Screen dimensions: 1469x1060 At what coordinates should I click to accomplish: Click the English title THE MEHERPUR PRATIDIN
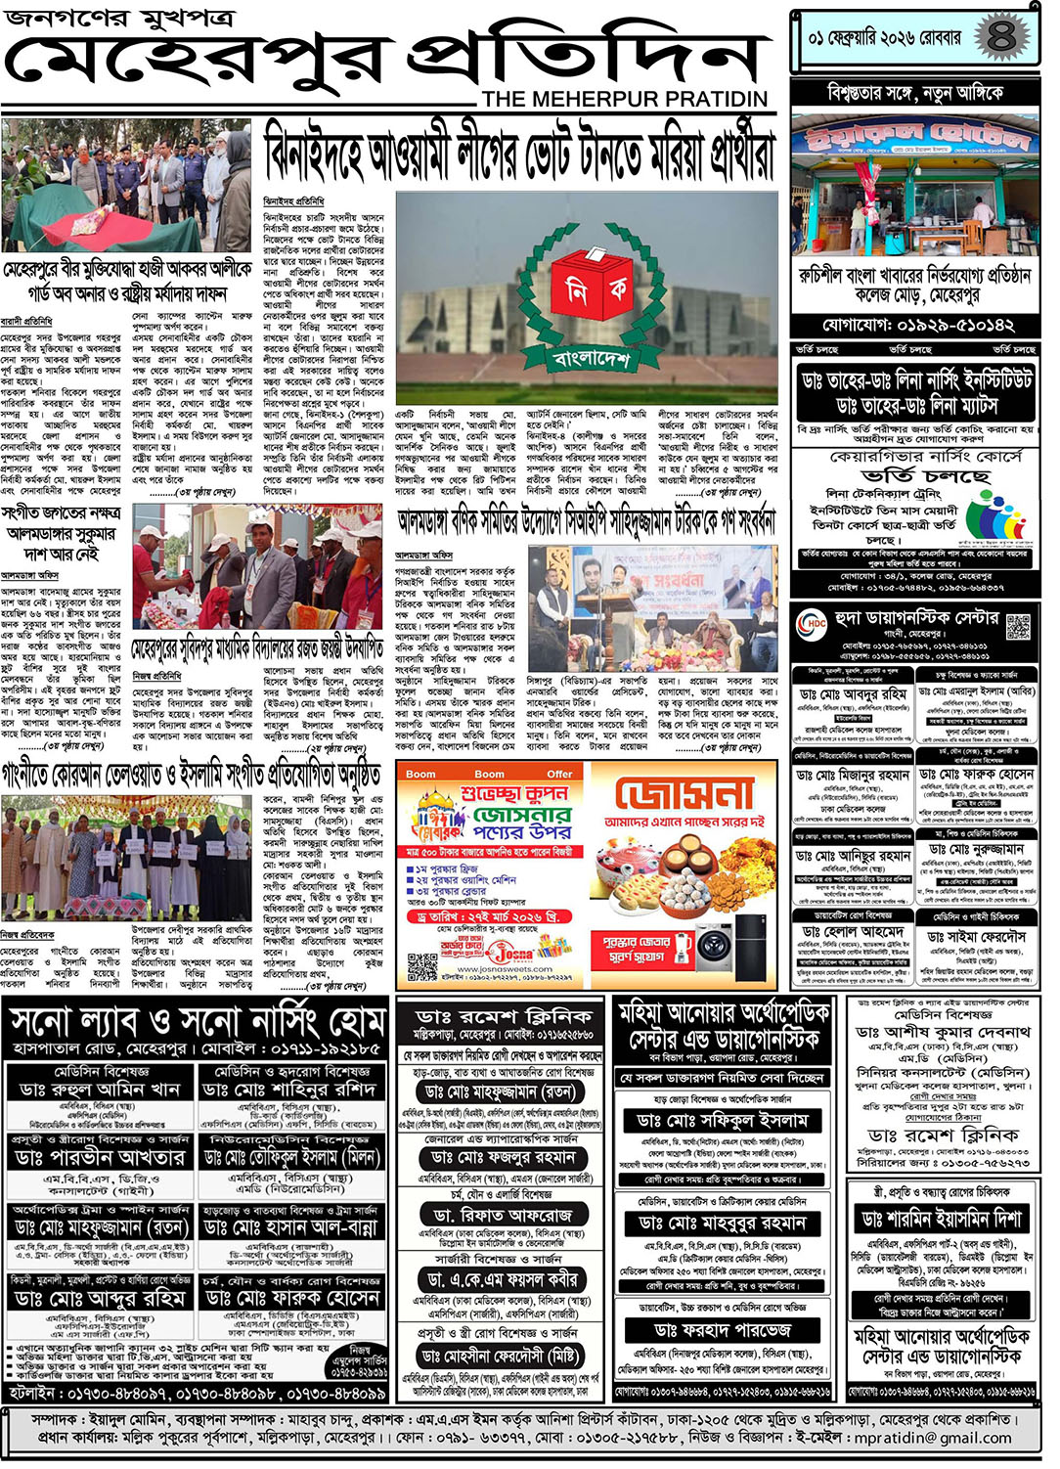click(x=625, y=99)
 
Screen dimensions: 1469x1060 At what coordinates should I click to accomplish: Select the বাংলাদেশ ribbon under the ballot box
click(x=591, y=359)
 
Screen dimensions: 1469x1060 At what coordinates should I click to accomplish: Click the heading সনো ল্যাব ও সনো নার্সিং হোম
click(x=197, y=1023)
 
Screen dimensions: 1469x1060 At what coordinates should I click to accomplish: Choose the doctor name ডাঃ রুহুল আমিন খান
click(x=99, y=1090)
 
